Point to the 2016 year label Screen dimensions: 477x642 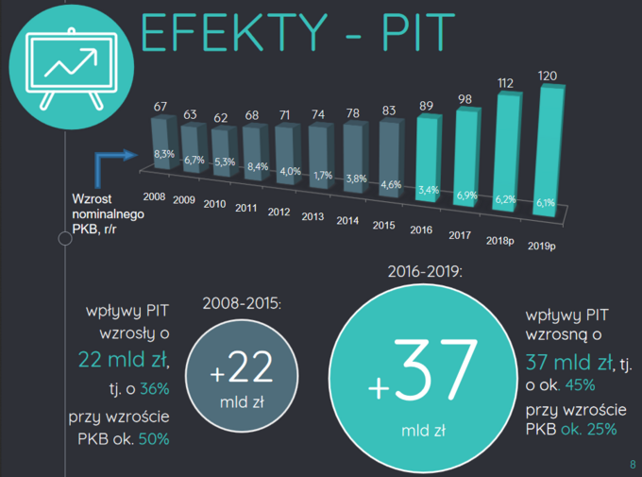[x=422, y=229]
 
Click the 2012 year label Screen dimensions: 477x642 [x=279, y=212]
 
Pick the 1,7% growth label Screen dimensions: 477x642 [x=322, y=175]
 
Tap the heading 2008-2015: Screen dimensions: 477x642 [x=242, y=303]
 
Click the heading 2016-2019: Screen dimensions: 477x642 [x=425, y=271]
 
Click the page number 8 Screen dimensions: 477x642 [x=631, y=463]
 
